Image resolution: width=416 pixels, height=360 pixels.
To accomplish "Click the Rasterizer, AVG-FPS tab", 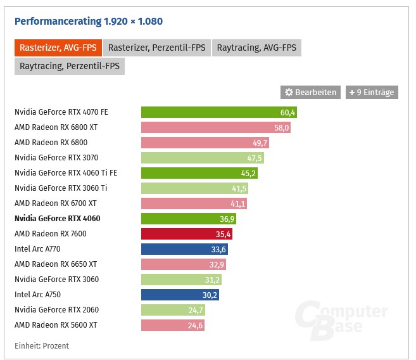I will click(58, 48).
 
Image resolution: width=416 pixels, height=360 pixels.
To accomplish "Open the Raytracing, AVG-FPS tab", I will click(256, 48).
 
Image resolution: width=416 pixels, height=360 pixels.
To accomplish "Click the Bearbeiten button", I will click(310, 93).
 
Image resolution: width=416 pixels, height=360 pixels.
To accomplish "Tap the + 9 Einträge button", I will click(372, 93).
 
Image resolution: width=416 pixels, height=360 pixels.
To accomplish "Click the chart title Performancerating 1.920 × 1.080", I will click(89, 22).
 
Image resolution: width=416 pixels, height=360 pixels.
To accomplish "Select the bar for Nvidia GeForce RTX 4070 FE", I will click(218, 112).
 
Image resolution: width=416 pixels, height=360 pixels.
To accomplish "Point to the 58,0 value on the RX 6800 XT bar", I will click(282, 127).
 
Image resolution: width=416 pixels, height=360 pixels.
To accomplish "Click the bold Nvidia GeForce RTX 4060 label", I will click(57, 219).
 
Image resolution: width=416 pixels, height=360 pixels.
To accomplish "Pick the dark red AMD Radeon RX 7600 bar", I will click(186, 234).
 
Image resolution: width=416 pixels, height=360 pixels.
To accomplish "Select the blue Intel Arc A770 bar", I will click(184, 249).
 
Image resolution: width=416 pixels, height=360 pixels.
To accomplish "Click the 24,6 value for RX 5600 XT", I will click(194, 325).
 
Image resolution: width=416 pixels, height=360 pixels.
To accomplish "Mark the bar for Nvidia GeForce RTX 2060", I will click(172, 310).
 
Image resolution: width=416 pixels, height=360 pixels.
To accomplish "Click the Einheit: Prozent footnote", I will click(42, 346).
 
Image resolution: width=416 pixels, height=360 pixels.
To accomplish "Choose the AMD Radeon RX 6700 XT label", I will click(56, 203).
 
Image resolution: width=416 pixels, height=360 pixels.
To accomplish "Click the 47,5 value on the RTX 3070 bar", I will click(255, 158).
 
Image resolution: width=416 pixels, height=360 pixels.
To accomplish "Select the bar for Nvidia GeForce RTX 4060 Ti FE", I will click(199, 173).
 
